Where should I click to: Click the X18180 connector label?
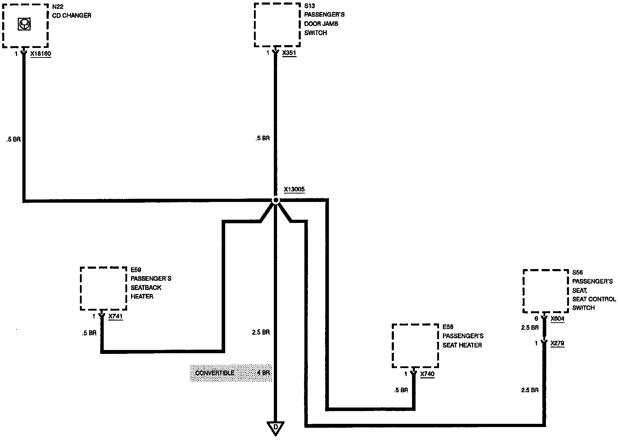click(x=40, y=54)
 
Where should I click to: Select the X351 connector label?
click(x=289, y=53)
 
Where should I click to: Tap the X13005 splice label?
click(x=294, y=190)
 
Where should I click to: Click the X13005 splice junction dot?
click(x=276, y=201)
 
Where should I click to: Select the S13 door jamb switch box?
click(x=277, y=25)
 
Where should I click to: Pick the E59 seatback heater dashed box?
click(x=103, y=288)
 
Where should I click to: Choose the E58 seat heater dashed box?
click(x=415, y=346)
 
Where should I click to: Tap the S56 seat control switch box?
click(x=546, y=291)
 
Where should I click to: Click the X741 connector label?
click(x=115, y=316)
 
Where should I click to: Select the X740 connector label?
click(x=427, y=374)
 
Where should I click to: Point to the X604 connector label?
click(x=557, y=319)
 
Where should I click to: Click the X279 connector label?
click(x=557, y=343)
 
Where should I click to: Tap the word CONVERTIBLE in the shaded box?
click(x=215, y=373)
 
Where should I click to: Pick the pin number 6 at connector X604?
click(x=536, y=319)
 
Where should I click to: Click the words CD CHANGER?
click(x=72, y=16)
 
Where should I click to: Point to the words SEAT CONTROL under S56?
click(x=594, y=299)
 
